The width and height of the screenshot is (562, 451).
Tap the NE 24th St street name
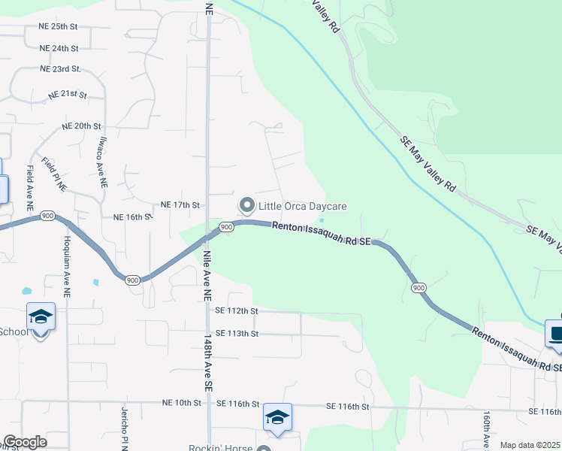coord(59,48)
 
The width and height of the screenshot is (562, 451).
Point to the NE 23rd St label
coord(60,69)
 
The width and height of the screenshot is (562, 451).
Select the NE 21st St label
coord(68,96)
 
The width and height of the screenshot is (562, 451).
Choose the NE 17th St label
coord(180,204)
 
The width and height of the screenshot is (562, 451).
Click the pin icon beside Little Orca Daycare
coord(246,205)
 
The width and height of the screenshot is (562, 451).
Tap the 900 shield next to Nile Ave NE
coord(226,226)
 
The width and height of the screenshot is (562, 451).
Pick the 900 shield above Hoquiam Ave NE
coord(48,216)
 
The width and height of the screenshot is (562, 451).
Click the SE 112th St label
coord(237,310)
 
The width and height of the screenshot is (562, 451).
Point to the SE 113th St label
coord(237,333)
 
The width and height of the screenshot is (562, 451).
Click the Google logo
coord(25,442)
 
